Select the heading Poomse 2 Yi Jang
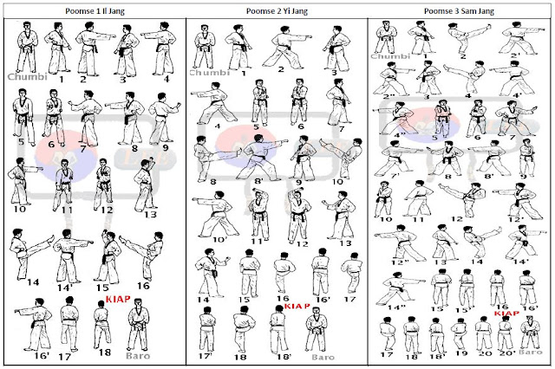click(277, 11)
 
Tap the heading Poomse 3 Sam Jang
click(460, 11)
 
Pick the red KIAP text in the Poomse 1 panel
click(119, 298)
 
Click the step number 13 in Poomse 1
click(149, 214)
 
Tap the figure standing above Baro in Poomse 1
click(134, 325)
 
